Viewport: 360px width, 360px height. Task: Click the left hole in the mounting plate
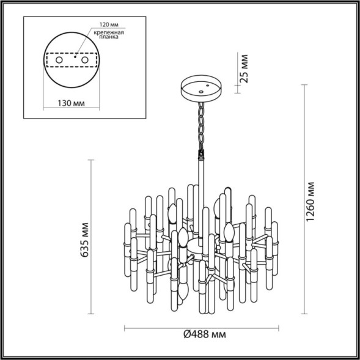pyautogui.click(x=59, y=61)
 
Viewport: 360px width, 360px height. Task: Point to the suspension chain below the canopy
pyautogui.click(x=200, y=125)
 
